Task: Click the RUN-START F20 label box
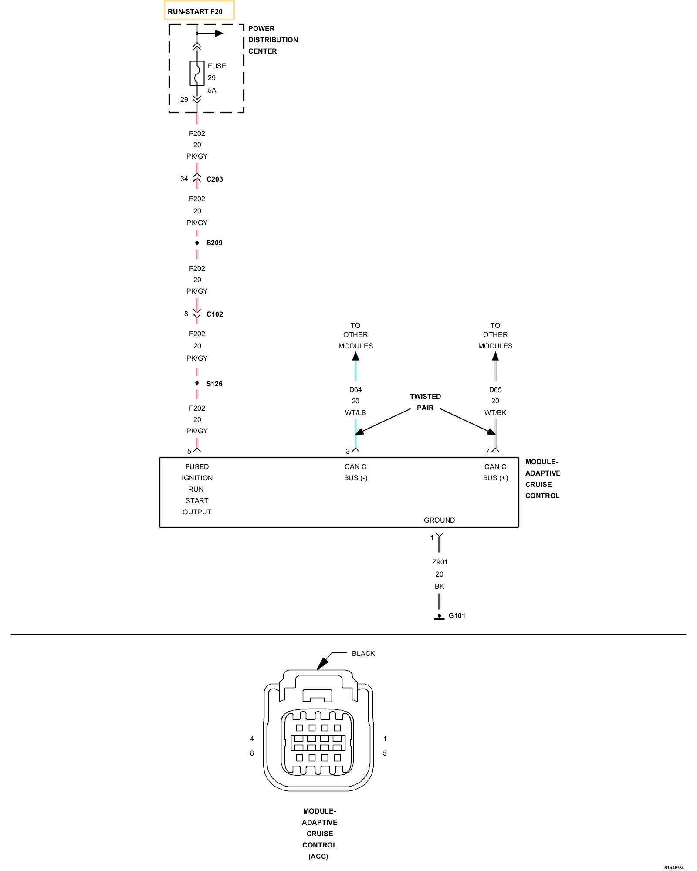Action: [199, 11]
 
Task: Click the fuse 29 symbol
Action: [197, 73]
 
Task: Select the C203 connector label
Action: [214, 179]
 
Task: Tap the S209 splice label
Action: [214, 243]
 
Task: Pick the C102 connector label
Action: [214, 314]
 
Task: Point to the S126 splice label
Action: [214, 384]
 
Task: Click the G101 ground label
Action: [457, 615]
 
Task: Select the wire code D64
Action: [355, 389]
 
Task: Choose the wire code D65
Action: [495, 389]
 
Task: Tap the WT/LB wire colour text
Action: [355, 412]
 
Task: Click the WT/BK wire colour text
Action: [495, 412]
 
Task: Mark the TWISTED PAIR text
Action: [425, 402]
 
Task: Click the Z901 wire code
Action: [440, 562]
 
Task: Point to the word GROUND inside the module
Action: [439, 520]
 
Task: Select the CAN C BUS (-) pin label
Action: [355, 472]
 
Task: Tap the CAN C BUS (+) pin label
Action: [495, 472]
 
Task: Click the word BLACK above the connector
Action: [363, 653]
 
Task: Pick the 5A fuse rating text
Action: [212, 91]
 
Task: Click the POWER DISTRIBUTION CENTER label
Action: [273, 40]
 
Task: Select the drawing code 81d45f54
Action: [674, 867]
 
